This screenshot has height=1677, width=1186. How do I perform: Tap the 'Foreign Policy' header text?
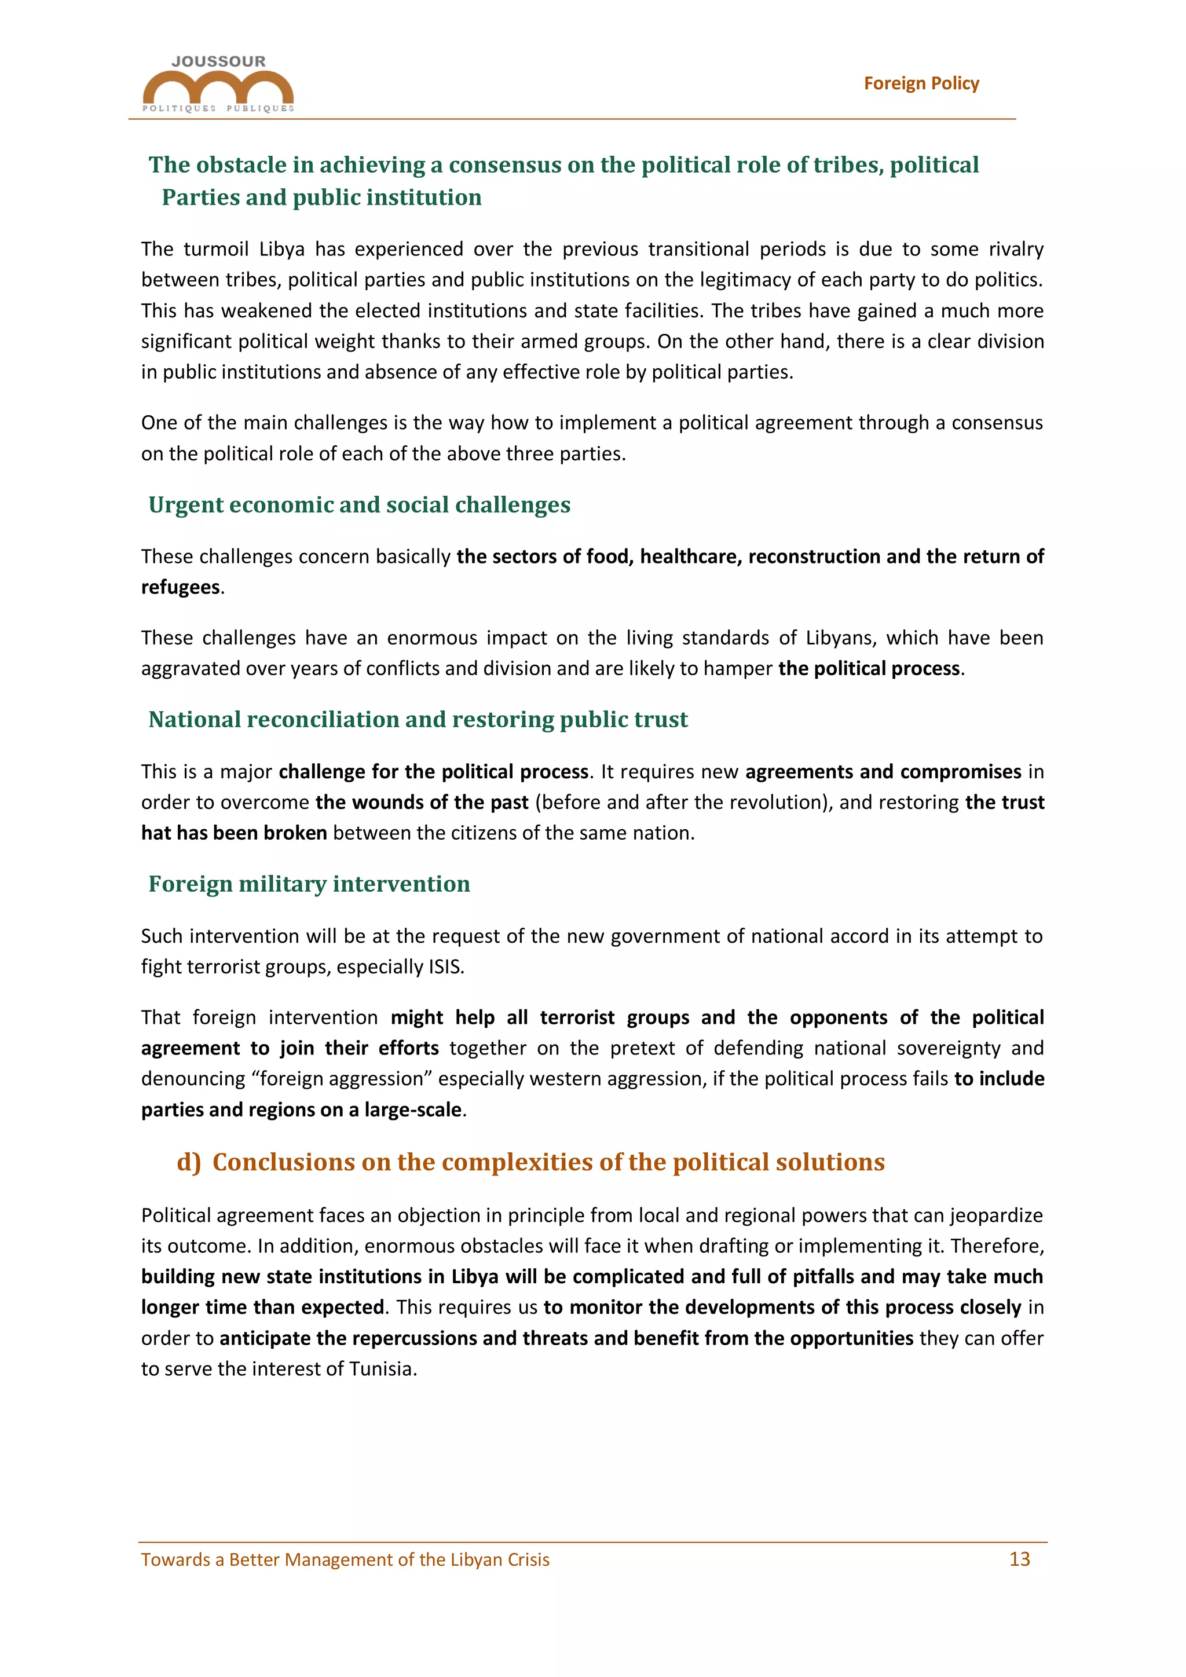tap(921, 83)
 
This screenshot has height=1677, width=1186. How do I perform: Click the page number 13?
tap(1019, 1559)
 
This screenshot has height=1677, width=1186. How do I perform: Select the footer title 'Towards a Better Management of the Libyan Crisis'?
tap(345, 1559)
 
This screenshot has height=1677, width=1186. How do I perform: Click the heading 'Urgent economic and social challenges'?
tap(359, 505)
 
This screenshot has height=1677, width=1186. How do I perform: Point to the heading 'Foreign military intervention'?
tap(309, 884)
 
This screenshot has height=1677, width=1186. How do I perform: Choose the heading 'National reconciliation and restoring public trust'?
tap(418, 719)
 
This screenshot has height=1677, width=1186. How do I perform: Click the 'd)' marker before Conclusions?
tap(188, 1162)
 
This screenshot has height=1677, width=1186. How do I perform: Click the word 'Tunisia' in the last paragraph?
tap(380, 1369)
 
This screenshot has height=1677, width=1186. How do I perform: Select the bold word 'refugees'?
tap(180, 587)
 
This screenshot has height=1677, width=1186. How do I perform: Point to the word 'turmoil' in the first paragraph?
tap(215, 249)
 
